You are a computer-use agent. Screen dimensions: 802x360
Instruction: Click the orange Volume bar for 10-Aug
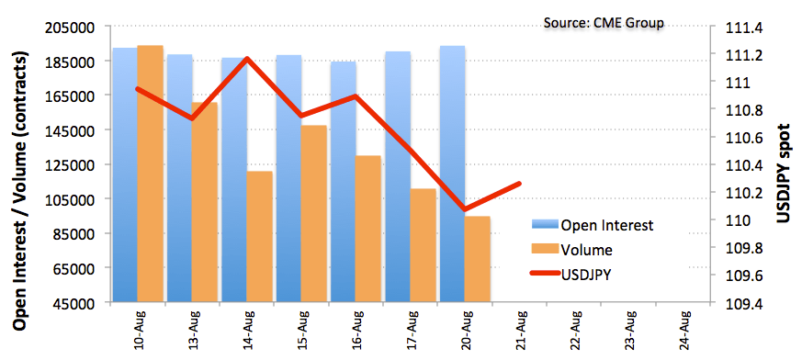click(151, 174)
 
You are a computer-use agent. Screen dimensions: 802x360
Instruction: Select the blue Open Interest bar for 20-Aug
click(452, 174)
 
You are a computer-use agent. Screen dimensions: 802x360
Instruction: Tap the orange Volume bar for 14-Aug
click(260, 237)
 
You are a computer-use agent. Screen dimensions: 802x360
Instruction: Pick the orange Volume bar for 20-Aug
click(478, 259)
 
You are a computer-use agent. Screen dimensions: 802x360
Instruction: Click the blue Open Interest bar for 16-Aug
click(344, 182)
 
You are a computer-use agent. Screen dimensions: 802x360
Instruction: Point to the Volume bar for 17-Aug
click(423, 245)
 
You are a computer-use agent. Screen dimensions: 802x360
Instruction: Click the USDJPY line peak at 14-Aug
click(247, 58)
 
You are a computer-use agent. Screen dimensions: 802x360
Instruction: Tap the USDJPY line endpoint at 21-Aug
click(519, 184)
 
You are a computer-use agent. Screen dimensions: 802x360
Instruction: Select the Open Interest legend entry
click(593, 225)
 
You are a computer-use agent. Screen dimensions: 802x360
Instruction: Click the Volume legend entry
click(572, 250)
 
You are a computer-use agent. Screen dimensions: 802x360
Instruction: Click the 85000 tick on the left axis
click(79, 233)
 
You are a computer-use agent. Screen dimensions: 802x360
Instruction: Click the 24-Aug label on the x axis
click(684, 329)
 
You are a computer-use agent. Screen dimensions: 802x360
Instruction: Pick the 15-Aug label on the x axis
click(303, 329)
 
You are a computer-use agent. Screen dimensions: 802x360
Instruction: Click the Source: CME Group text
click(604, 23)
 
